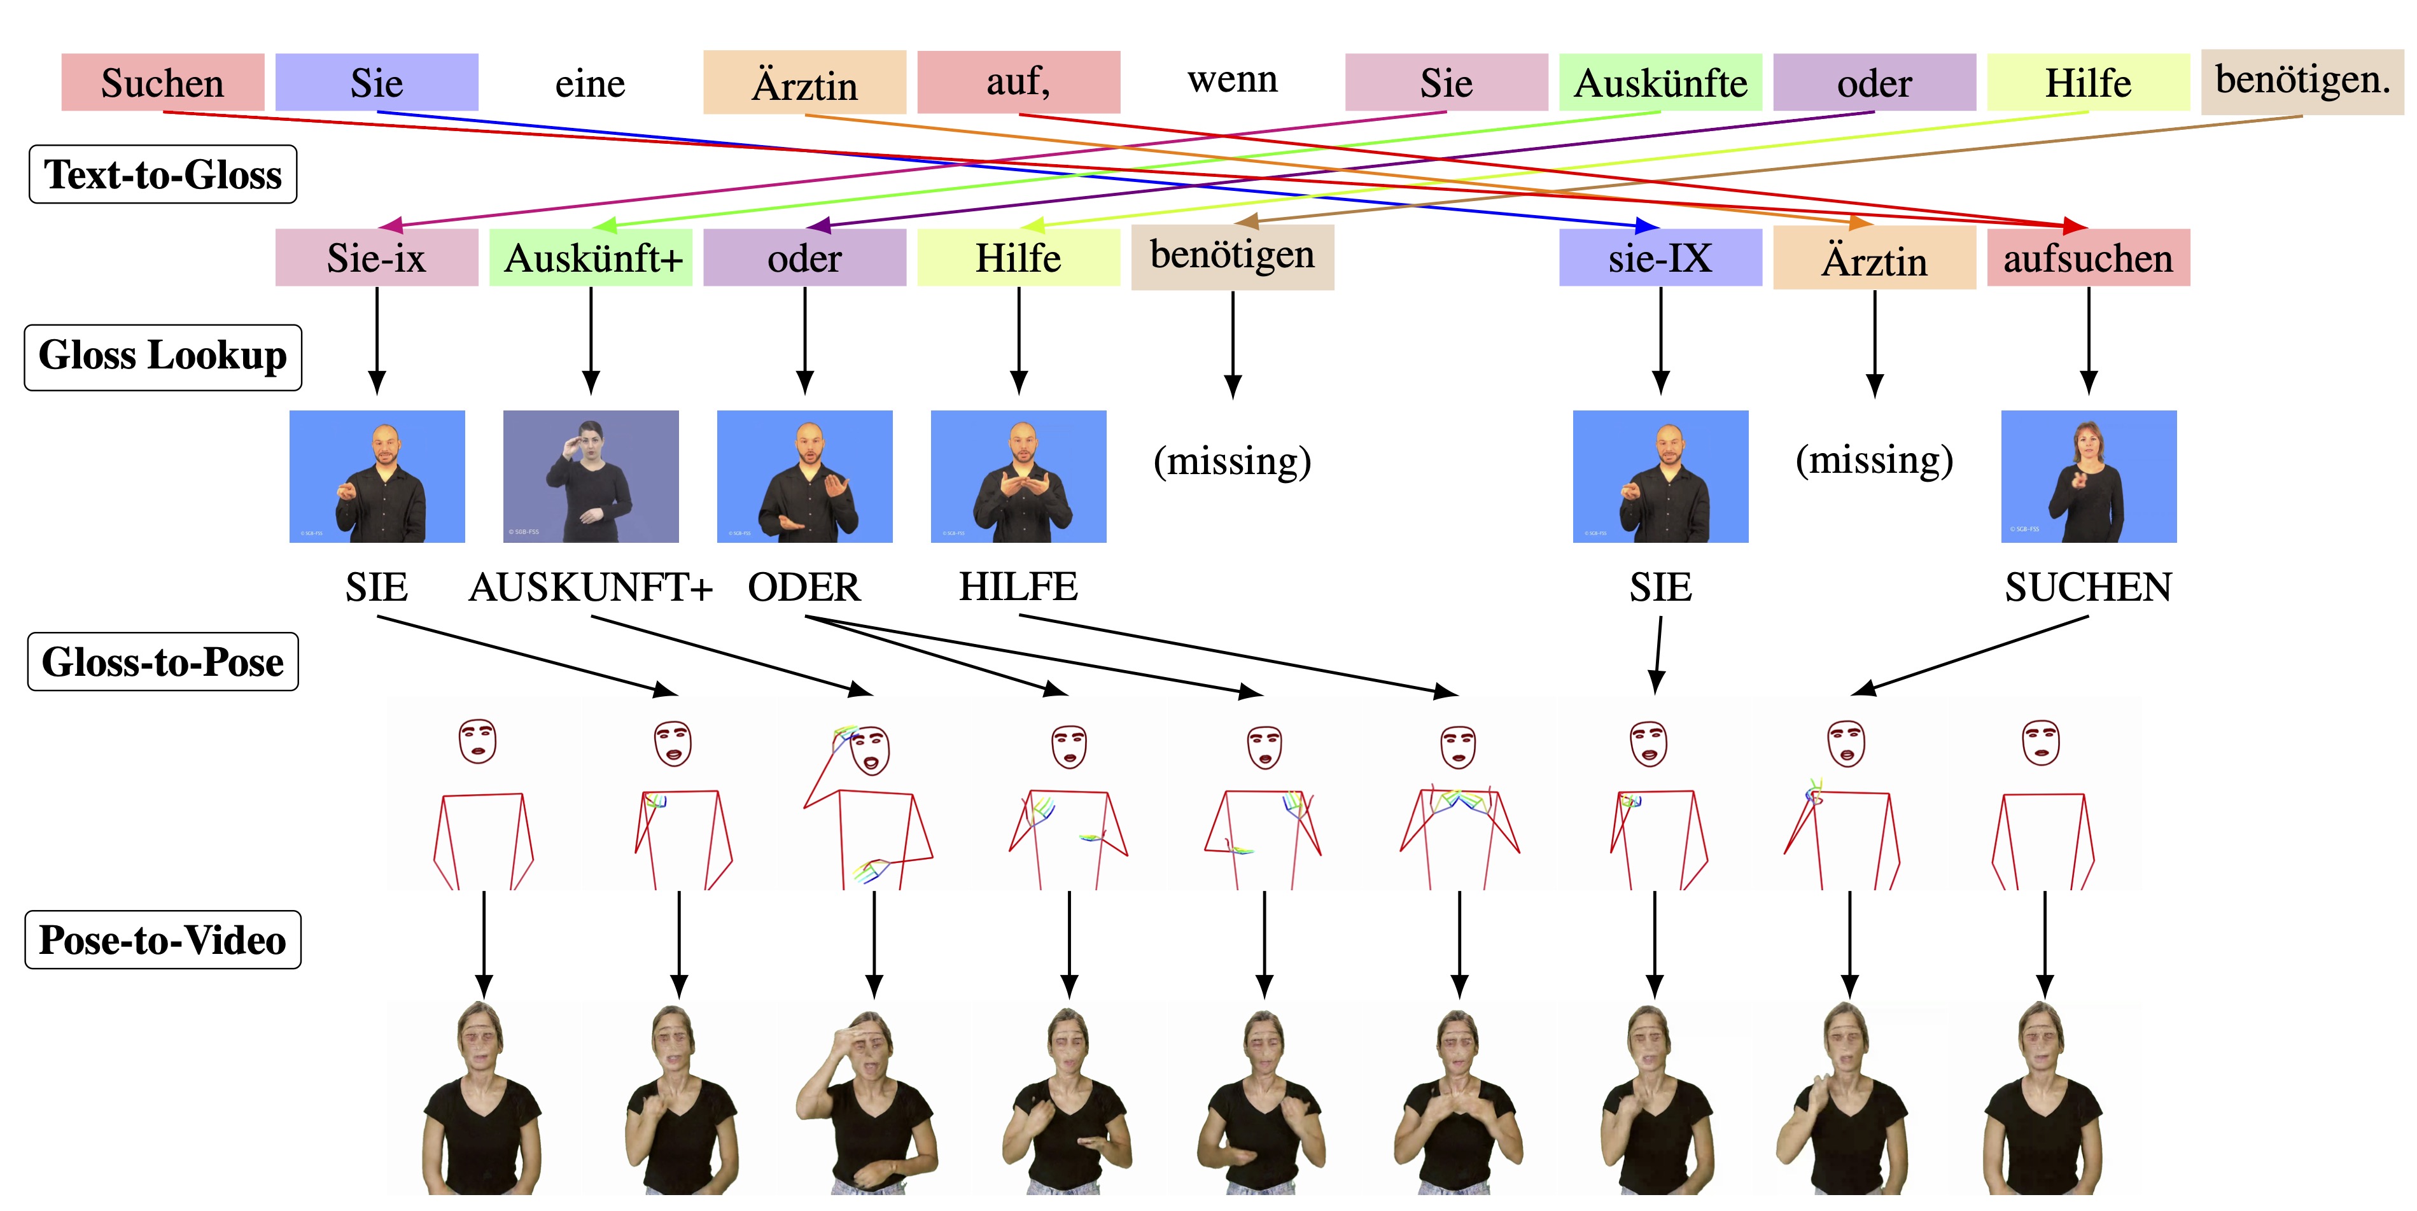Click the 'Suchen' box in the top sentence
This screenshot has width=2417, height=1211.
pyautogui.click(x=162, y=83)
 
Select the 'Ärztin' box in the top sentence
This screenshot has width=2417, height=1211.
pyautogui.click(x=804, y=83)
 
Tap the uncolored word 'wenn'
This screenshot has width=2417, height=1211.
pyautogui.click(x=1232, y=80)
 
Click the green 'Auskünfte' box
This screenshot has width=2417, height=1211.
pyautogui.click(x=1660, y=83)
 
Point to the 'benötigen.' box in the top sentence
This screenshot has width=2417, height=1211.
pyautogui.click(x=2302, y=81)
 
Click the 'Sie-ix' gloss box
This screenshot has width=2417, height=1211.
pyautogui.click(x=376, y=258)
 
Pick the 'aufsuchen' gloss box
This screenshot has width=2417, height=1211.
pyautogui.click(x=2087, y=258)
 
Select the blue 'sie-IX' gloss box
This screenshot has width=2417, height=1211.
pyautogui.click(x=1660, y=258)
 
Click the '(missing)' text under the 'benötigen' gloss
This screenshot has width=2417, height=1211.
pyautogui.click(x=1232, y=461)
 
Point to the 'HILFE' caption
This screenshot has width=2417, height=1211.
pyautogui.click(x=1018, y=587)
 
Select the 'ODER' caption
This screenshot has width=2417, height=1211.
pyautogui.click(x=804, y=588)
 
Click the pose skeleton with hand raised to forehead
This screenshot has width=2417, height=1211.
pyautogui.click(x=869, y=802)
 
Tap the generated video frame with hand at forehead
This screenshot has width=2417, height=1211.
pyautogui.click(x=869, y=1098)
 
